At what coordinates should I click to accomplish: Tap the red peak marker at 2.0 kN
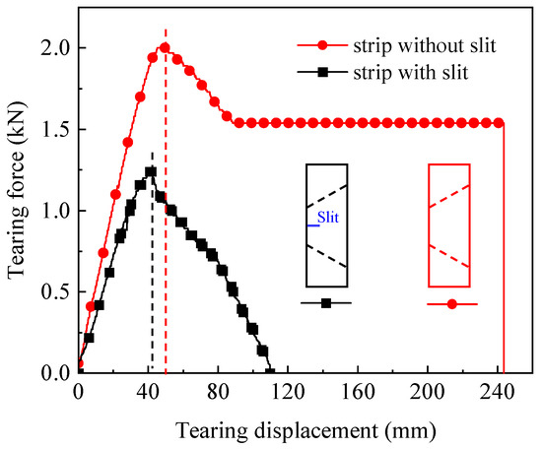[165, 47]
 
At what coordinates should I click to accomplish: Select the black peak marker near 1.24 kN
[151, 171]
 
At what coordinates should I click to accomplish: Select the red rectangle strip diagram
[448, 224]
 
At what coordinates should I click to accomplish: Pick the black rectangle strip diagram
[325, 224]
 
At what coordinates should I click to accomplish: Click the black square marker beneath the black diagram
[326, 303]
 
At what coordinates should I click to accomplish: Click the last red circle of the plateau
[498, 123]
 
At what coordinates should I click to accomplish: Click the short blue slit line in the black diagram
[312, 225]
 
